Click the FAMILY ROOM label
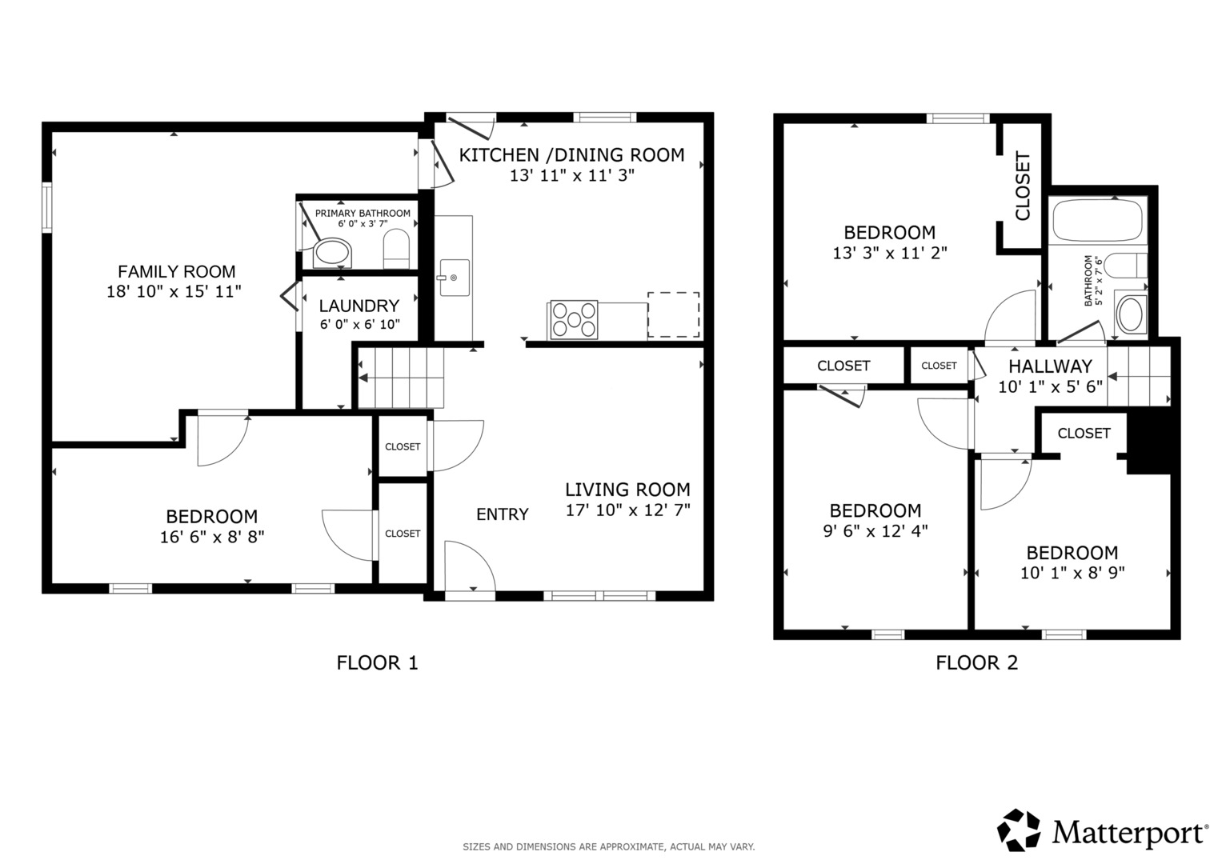177,271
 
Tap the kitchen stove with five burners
574,320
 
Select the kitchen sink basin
455,278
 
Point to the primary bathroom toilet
397,249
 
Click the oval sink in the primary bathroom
332,253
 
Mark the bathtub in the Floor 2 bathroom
1098,220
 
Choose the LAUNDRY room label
359,306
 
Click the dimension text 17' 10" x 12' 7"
628,510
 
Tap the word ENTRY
503,514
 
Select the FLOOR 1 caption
377,662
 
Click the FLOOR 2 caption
977,662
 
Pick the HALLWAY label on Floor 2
1050,366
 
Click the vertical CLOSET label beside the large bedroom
1022,186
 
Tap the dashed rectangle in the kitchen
673,314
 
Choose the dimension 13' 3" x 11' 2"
890,253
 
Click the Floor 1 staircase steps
401,378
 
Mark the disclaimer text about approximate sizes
609,847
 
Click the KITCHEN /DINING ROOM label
571,155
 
